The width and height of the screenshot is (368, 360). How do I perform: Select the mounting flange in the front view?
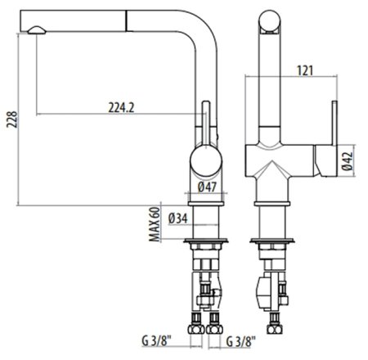(x=273, y=243)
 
